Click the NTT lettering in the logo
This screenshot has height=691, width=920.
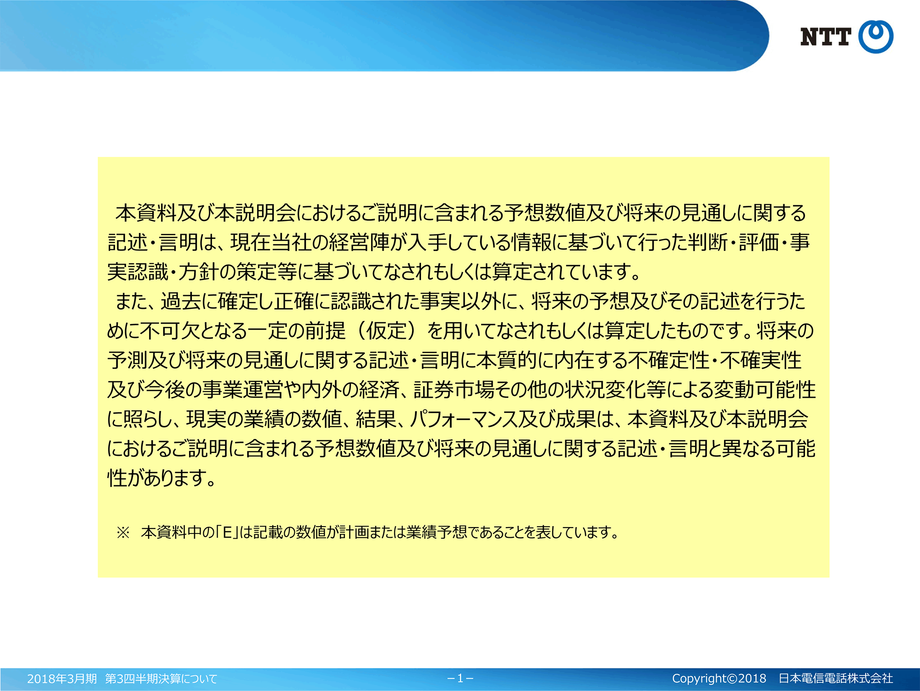(826, 37)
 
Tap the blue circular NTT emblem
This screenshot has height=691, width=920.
(876, 37)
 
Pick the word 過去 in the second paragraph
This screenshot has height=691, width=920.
(180, 302)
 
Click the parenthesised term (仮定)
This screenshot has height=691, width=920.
(387, 331)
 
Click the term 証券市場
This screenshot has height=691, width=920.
(454, 390)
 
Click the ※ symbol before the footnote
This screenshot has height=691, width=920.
(123, 533)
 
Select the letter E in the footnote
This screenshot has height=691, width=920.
(227, 533)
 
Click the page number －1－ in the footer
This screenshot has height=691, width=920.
(460, 679)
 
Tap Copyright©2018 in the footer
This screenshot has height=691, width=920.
(719, 679)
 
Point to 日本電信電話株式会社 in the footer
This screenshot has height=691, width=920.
(836, 679)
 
